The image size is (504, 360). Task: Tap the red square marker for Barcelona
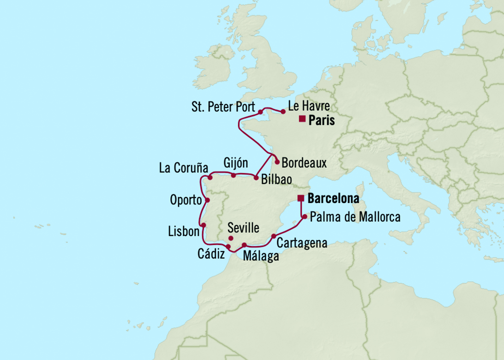point(300,198)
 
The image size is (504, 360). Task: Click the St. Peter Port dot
point(260,112)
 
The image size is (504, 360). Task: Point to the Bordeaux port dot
point(277,162)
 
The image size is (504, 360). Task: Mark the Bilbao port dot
point(256,178)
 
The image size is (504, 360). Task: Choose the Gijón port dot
point(234,175)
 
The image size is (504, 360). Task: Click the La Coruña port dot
point(210,178)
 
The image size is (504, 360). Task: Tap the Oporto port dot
point(207,200)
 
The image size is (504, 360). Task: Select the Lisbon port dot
point(204,225)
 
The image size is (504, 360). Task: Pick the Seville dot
point(231,238)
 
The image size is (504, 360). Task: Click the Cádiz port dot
point(228,247)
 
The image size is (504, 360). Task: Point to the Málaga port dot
point(244,245)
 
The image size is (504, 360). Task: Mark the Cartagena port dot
point(274,236)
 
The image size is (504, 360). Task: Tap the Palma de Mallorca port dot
point(304,216)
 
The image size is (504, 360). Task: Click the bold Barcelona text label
point(333,198)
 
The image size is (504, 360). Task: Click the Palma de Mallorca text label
point(355,217)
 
